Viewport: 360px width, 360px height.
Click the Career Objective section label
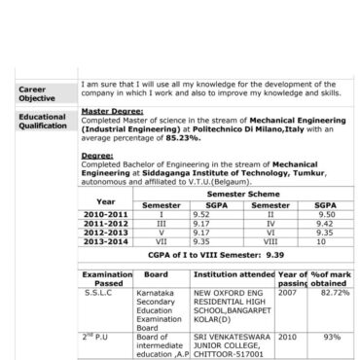[x=37, y=93]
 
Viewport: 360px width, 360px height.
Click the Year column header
[x=105, y=200]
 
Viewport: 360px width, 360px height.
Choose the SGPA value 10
[x=326, y=239]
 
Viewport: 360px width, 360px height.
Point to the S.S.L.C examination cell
[x=99, y=291]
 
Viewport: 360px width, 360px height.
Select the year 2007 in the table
[x=288, y=291]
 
